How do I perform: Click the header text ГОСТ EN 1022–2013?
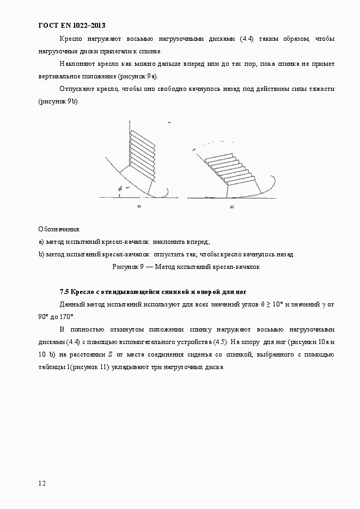pyautogui.click(x=71, y=25)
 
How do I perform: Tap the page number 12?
pyautogui.click(x=42, y=483)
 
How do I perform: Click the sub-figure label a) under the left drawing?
pyautogui.click(x=139, y=206)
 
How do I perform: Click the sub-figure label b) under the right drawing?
pyautogui.click(x=231, y=207)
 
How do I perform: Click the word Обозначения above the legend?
pyautogui.click(x=59, y=229)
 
